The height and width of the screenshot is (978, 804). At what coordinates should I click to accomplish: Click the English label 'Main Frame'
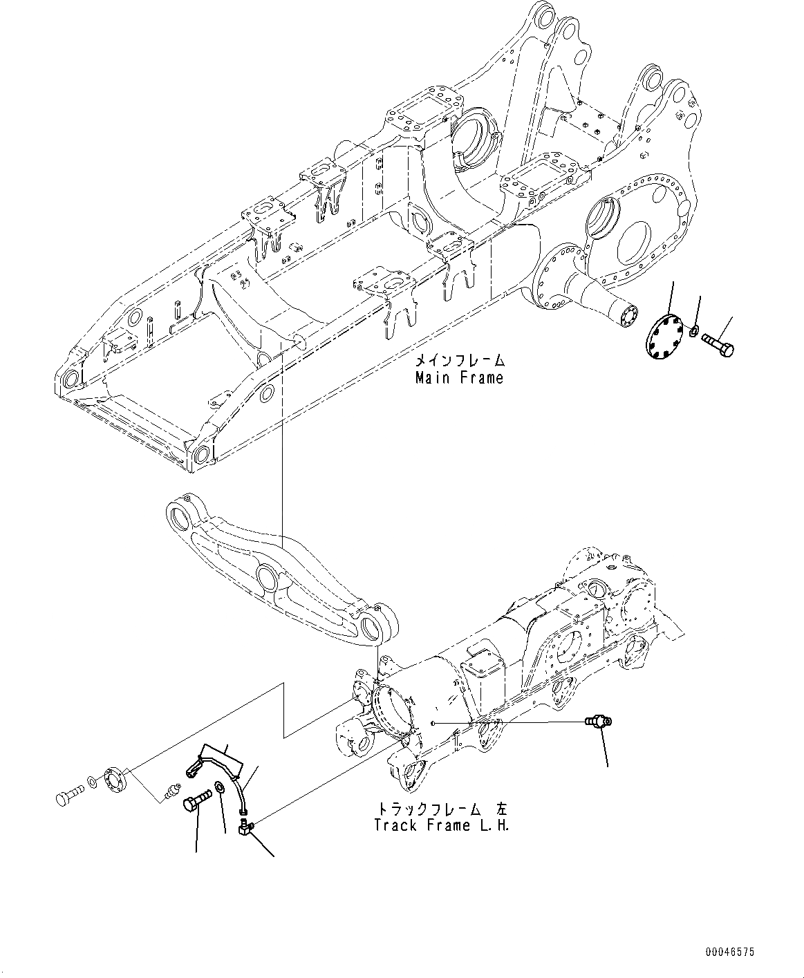click(x=459, y=378)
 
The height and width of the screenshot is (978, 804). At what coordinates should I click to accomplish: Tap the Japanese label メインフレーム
click(x=459, y=361)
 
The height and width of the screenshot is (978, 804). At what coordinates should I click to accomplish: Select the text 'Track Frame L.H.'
click(x=441, y=825)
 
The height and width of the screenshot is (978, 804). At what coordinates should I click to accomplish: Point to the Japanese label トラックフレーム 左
click(x=441, y=808)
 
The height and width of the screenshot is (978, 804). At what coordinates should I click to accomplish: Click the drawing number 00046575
click(x=730, y=952)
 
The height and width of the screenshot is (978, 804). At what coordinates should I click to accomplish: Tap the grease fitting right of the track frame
click(x=596, y=723)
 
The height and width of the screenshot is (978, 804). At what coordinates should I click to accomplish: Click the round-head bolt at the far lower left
click(x=66, y=799)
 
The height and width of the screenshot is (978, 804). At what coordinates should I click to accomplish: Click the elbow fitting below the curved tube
click(x=245, y=824)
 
